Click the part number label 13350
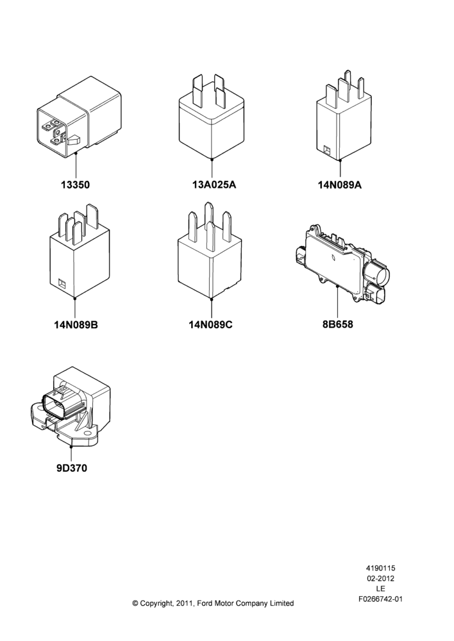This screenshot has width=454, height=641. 75,185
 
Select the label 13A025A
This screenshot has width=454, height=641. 214,185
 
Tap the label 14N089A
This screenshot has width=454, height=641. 340,185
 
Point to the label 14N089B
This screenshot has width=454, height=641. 76,325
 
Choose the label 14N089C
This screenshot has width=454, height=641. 210,325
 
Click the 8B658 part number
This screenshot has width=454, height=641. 337,324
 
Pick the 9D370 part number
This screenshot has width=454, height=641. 72,468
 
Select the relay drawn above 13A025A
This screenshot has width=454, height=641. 212,117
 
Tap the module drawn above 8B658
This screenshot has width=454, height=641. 342,263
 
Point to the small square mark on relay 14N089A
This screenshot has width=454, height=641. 327,149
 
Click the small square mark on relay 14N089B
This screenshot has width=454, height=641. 62,283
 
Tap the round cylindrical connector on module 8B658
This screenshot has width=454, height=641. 376,273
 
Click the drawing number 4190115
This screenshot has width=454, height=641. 380,568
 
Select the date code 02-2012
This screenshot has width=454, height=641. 380,578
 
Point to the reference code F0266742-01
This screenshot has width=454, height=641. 380,599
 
